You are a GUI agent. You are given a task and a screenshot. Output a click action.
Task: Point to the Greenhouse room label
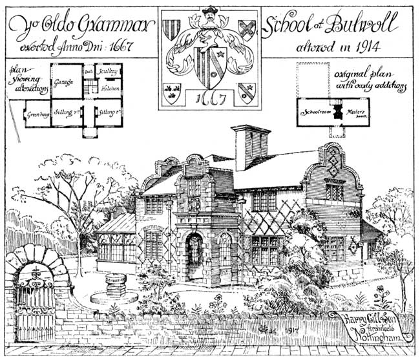[38, 114]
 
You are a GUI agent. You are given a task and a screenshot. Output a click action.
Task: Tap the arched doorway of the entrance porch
[194, 257]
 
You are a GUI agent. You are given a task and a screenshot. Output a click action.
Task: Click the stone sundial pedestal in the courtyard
[114, 284]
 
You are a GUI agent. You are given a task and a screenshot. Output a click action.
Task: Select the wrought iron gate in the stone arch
[34, 297]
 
